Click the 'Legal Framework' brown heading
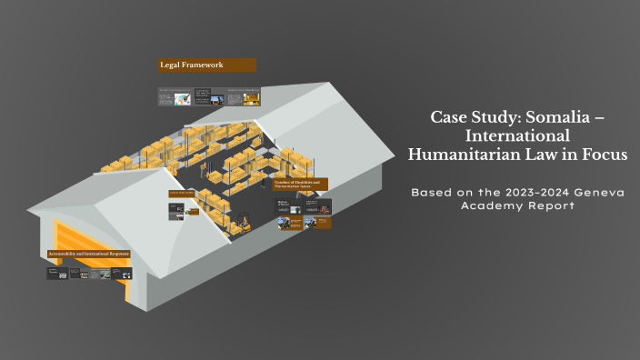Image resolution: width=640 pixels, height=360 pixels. coord(206,65)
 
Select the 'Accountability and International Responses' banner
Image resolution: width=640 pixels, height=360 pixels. coord(88,253)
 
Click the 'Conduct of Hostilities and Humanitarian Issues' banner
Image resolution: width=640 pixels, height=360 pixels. coord(301,185)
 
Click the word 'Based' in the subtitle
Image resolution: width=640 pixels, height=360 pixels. coord(431,193)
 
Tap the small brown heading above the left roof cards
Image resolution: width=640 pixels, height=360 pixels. coord(182,194)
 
